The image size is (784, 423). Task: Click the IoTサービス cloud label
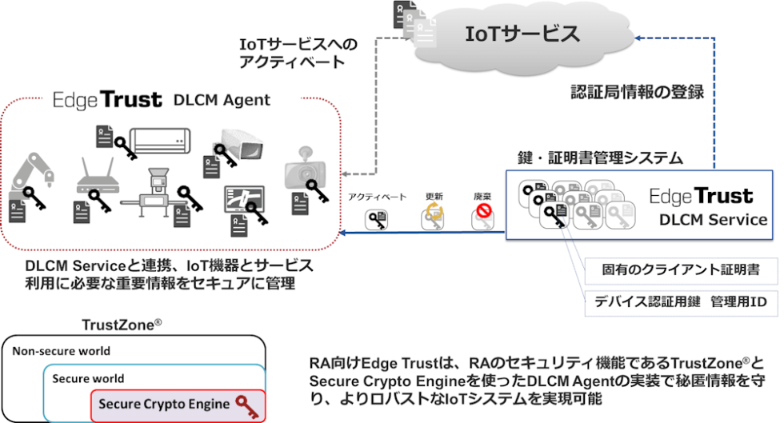(523, 34)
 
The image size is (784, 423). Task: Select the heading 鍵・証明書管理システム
(601, 158)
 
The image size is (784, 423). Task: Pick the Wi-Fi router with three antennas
(98, 177)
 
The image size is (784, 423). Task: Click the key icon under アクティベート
(377, 219)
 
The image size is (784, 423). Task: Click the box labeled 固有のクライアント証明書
(681, 270)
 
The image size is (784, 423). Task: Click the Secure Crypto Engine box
(176, 404)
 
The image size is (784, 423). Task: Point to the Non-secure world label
(62, 350)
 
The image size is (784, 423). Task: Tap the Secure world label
(88, 377)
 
